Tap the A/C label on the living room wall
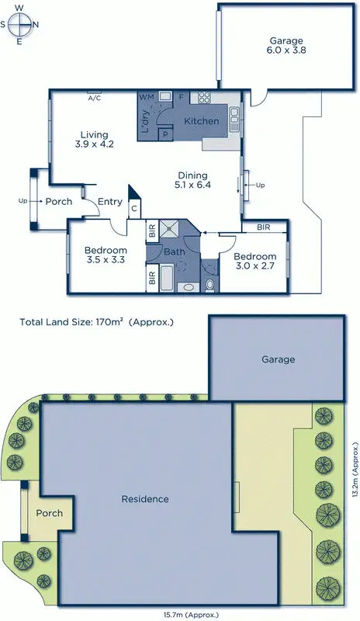[x=95, y=99]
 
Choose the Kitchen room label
[x=202, y=121]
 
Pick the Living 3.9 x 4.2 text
[x=95, y=140]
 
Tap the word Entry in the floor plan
[x=110, y=202]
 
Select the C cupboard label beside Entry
[x=134, y=208]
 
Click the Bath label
[x=175, y=252]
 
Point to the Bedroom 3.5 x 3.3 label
[x=106, y=255]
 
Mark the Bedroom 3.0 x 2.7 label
[x=254, y=262]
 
